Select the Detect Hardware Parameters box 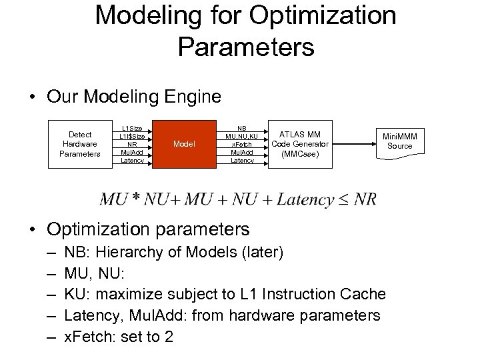coord(80,144)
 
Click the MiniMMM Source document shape coord(400,141)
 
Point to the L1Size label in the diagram coord(131,127)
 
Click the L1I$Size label coord(131,135)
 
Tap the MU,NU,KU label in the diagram coord(242,135)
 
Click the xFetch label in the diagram coord(242,143)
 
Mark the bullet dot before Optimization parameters coord(33,230)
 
